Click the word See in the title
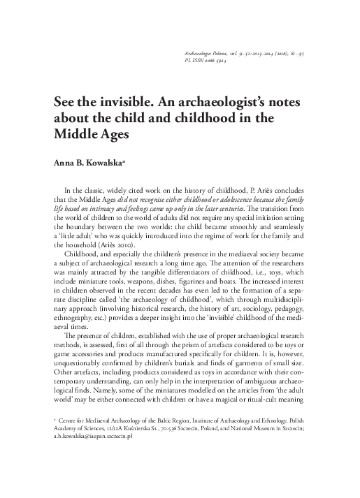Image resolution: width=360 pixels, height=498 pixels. coord(67,102)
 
